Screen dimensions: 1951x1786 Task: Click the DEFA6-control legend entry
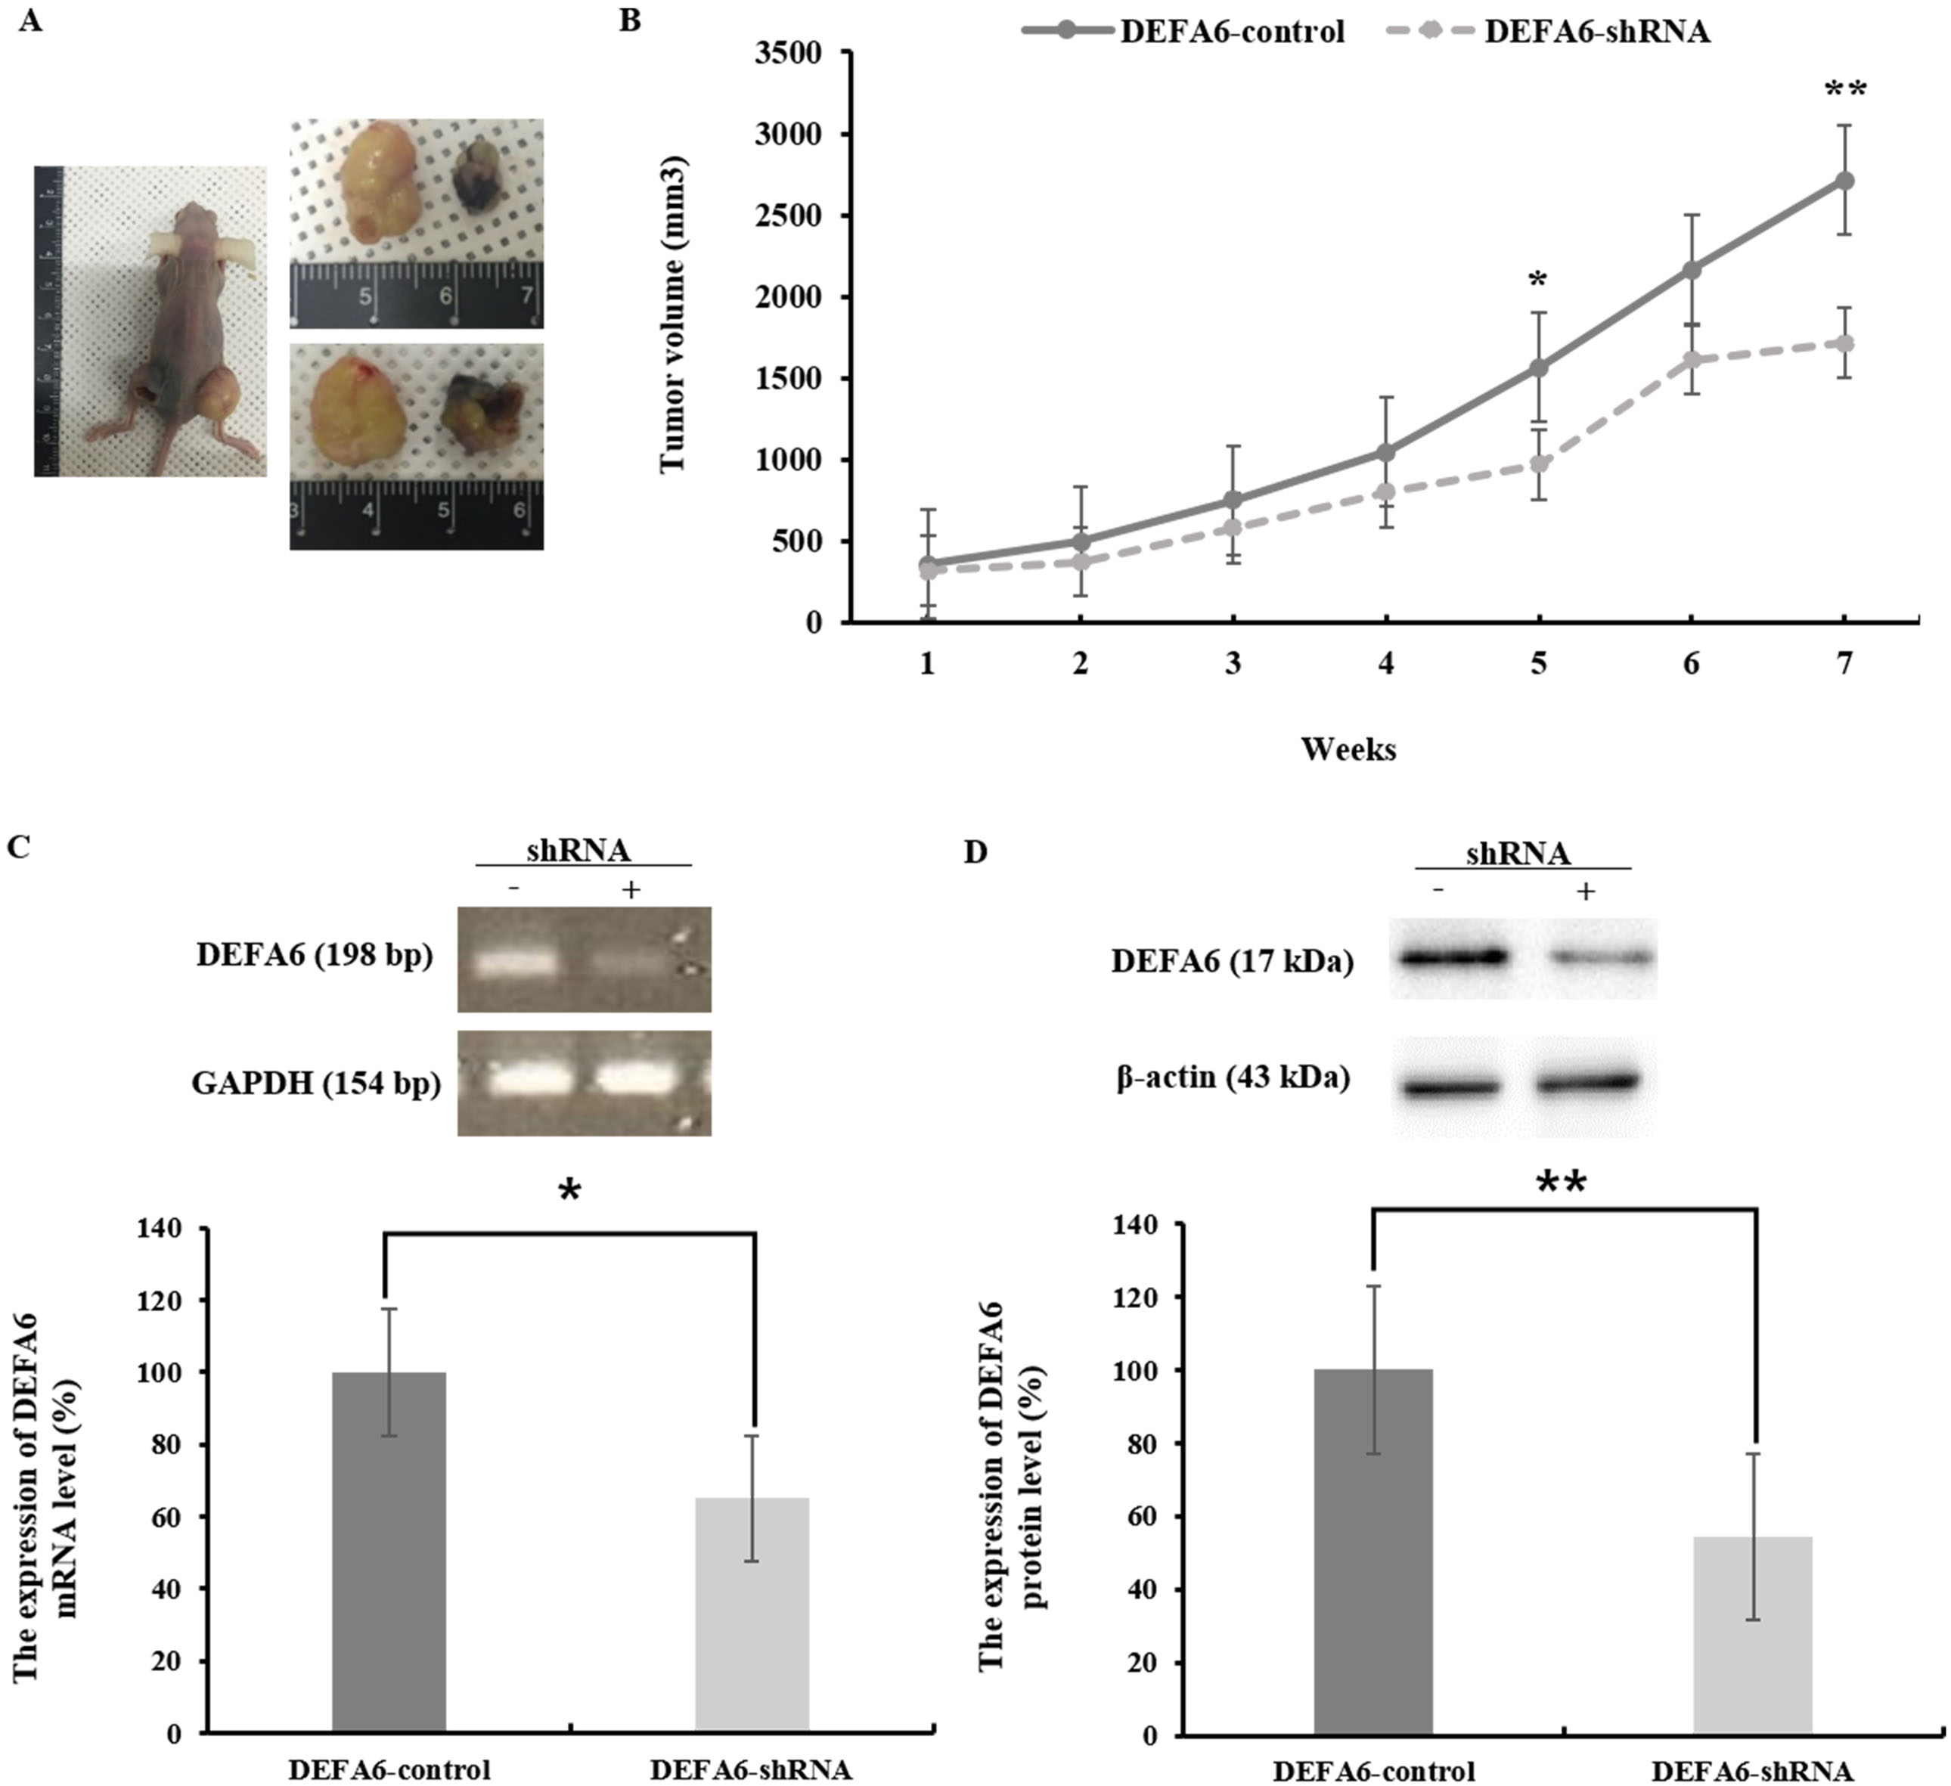(x=1183, y=31)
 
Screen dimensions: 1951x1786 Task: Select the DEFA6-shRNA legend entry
(x=1549, y=31)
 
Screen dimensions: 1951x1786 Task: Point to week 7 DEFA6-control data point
(x=1844, y=180)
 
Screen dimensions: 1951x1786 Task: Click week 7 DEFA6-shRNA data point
(x=1844, y=343)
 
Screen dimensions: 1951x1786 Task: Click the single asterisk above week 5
(x=1538, y=281)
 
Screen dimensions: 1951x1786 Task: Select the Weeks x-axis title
(x=1348, y=749)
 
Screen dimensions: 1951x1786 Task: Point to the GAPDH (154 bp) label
(x=316, y=1084)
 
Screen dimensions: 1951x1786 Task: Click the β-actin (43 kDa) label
(x=1233, y=1077)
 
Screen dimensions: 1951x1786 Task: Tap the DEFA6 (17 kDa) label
(x=1232, y=962)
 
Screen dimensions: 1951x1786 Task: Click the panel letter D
(x=976, y=851)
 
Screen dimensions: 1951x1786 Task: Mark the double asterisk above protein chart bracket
(x=1562, y=1183)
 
